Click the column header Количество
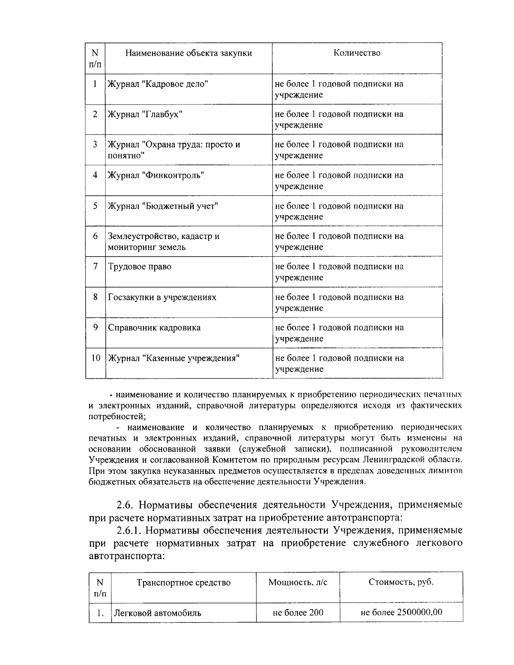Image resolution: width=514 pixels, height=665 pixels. [x=357, y=53]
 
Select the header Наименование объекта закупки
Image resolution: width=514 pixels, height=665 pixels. [x=188, y=53]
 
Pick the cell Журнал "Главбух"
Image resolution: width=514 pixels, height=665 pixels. [x=145, y=114]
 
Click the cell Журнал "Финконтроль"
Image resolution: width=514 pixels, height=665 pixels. [x=155, y=175]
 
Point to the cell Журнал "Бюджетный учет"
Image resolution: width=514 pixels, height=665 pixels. [x=163, y=206]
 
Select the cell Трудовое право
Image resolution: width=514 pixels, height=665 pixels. [x=140, y=267]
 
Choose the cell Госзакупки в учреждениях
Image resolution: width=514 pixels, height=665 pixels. [x=162, y=297]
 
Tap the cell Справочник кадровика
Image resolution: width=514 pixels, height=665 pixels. [x=154, y=328]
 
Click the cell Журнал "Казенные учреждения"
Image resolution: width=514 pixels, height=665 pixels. [x=173, y=358]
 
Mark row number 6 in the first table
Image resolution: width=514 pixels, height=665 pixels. [x=96, y=236]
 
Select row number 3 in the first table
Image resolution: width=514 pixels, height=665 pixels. [x=96, y=144]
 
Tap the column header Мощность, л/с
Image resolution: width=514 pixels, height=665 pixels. [x=298, y=582]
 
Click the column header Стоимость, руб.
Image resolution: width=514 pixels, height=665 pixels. [x=401, y=582]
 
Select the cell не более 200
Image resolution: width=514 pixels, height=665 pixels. [x=298, y=612]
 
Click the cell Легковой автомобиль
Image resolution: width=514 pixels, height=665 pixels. [x=157, y=613]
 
